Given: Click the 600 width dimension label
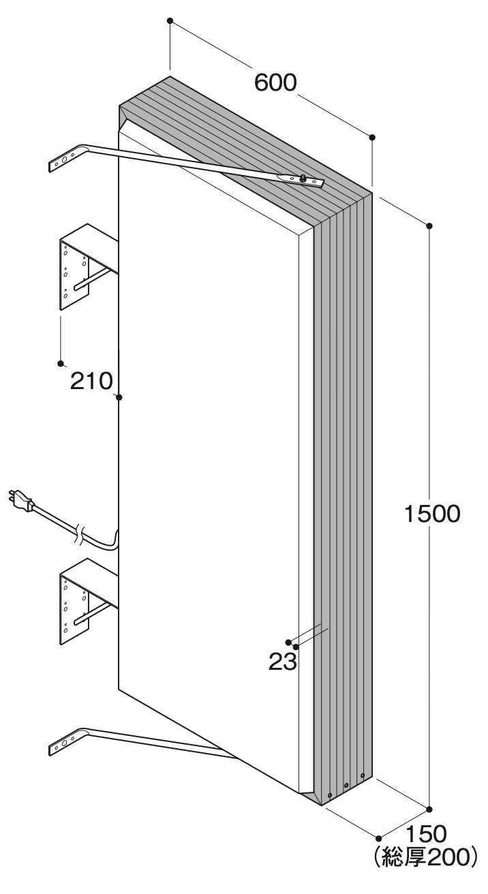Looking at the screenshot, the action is coord(275,83).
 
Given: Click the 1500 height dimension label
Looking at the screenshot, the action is coord(432,514).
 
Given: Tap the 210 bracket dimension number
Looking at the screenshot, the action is coord(91,381).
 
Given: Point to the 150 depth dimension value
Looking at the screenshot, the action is coord(426,833).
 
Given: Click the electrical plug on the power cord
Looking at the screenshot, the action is coord(20,502).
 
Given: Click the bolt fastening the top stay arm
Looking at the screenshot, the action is coord(303,179).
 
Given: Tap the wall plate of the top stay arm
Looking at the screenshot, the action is coord(64,159).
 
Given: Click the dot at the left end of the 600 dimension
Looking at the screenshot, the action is coord(170,20).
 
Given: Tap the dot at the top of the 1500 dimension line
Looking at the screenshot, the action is coord(429,226).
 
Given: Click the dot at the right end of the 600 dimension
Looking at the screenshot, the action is coord(372,137).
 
